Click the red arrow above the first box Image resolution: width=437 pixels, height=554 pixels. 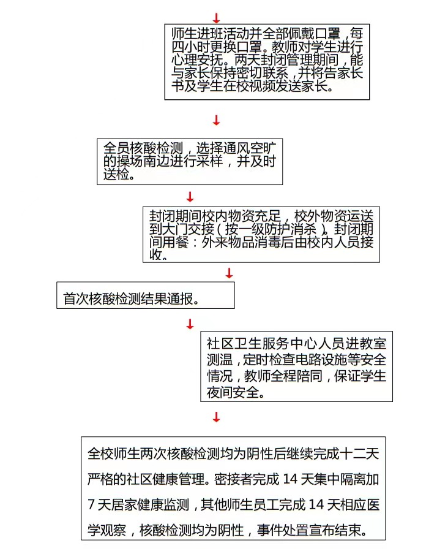217,18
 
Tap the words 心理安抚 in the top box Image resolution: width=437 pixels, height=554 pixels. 198,60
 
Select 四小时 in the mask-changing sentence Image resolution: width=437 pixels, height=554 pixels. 191,47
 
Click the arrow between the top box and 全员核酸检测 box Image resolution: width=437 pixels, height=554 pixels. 217,120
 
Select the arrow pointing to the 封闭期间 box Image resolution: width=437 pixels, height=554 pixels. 190,197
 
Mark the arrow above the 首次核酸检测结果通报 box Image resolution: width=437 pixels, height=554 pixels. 230,273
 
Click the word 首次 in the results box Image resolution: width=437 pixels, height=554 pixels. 77,299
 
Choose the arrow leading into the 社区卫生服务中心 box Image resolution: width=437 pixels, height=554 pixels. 190,324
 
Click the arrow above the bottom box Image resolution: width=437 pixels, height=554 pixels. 217,417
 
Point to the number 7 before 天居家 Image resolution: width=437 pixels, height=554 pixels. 91,504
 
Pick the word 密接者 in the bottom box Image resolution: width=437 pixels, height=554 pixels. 234,479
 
